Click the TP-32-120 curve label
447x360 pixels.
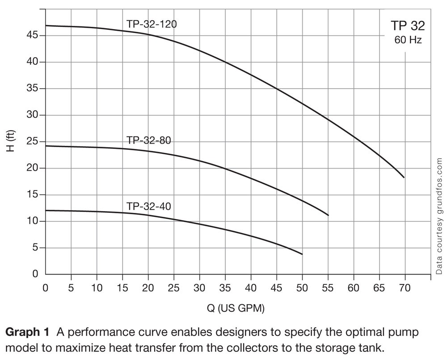coord(152,24)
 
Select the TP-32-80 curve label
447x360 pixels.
coord(149,140)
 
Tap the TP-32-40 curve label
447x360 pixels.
coord(149,207)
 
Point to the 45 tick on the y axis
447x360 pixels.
coord(35,35)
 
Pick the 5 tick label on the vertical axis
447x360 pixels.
coord(38,248)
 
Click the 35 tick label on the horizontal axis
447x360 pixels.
coord(225,288)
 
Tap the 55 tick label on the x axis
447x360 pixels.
coord(328,288)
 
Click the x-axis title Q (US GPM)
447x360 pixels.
coord(238,308)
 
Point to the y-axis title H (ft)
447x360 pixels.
coord(11,142)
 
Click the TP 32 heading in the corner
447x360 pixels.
coord(407,25)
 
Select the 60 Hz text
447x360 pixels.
coord(408,40)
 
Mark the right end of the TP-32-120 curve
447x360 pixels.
coord(404,178)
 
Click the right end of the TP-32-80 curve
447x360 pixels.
coord(329,215)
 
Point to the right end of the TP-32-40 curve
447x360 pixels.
coord(302,254)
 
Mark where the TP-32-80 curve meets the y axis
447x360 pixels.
coord(46,146)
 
